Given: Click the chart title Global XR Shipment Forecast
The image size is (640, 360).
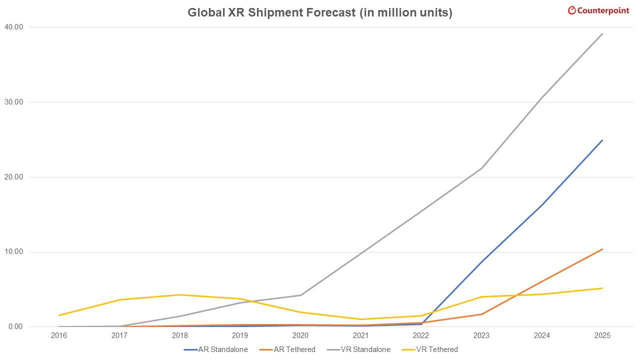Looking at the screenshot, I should click(320, 12).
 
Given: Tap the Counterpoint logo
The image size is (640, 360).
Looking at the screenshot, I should click(598, 10).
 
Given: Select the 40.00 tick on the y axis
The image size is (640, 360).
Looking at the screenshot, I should click(13, 27).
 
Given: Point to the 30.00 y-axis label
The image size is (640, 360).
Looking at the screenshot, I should click(13, 102).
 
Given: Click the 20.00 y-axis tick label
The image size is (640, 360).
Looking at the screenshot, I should click(13, 177).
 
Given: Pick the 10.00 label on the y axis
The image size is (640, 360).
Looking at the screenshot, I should click(13, 252).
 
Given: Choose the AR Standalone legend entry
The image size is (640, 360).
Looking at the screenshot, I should click(216, 349).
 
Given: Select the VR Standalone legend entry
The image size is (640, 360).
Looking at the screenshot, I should click(359, 349).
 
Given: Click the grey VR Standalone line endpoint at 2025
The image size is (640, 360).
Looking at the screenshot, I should click(602, 33).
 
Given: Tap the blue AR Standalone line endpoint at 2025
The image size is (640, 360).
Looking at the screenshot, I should click(602, 140).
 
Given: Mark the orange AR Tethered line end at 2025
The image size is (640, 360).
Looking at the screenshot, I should click(602, 249).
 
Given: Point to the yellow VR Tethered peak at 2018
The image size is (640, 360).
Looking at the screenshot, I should click(179, 294).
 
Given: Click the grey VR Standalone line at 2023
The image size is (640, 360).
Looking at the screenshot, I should click(481, 168).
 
